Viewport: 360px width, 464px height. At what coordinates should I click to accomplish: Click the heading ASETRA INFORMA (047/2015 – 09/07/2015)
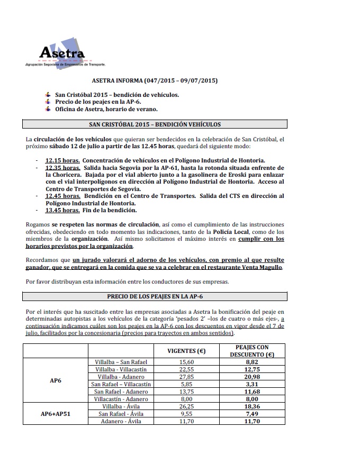155,81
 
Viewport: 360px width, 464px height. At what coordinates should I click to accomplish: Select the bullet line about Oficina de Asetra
106,109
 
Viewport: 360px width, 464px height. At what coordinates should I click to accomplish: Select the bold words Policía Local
230,232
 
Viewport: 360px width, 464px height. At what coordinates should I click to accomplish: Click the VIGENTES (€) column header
186,351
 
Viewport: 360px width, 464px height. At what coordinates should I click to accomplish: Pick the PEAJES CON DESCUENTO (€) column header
255,351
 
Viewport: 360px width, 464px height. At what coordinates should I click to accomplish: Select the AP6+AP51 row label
56,413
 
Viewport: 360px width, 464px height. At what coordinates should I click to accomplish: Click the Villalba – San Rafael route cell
121,361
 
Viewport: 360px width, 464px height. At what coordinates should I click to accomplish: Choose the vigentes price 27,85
186,376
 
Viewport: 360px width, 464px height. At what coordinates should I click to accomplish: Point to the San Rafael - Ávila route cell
121,413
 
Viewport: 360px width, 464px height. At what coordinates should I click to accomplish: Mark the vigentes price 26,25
186,406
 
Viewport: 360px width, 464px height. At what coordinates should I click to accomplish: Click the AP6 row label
56,380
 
